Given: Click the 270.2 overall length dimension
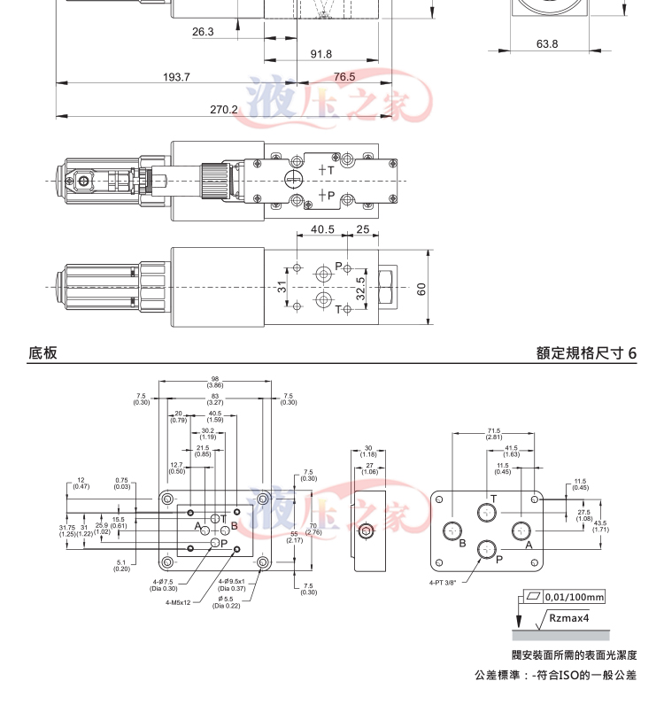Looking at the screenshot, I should click(224, 109).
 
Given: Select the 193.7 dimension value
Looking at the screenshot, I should click(176, 77).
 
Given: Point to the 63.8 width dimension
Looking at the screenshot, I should click(547, 43).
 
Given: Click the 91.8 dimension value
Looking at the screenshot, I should click(321, 55).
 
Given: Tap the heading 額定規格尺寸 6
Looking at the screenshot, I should click(586, 352).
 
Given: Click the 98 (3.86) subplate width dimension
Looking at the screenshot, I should click(215, 381).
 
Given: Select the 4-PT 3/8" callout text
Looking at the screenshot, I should click(444, 583).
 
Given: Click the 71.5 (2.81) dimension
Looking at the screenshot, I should click(493, 434).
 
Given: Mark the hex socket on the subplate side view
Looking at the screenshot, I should click(365, 533).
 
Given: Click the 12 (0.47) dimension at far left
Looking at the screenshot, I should click(81, 483).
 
